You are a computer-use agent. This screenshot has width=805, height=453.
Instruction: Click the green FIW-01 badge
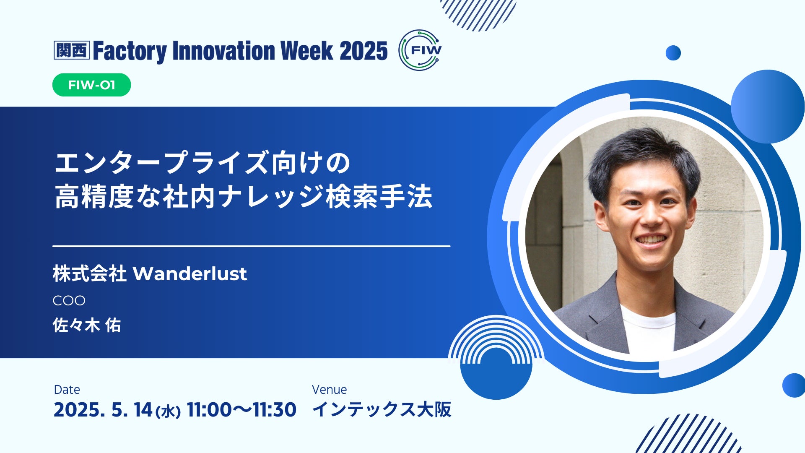tap(91, 85)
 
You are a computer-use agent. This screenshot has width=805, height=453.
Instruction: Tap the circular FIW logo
tap(420, 50)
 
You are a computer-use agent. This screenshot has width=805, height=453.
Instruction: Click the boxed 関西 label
tap(72, 50)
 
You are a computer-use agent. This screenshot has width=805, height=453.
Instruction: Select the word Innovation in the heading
tap(223, 51)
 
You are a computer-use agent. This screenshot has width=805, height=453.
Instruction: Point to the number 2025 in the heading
tap(364, 51)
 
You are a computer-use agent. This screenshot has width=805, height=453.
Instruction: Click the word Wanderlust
tap(190, 274)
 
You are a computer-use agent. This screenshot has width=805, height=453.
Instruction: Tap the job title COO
tap(69, 300)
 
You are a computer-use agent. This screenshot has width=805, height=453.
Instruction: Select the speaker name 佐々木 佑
tap(87, 325)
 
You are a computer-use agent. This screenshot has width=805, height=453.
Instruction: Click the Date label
tap(67, 390)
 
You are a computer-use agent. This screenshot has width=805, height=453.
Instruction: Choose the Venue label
tap(330, 390)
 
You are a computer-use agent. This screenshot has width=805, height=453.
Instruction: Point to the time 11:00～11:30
tap(241, 410)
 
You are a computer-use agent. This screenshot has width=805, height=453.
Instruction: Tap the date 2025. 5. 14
tap(103, 410)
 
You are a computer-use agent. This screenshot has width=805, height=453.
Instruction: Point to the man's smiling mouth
tap(651, 240)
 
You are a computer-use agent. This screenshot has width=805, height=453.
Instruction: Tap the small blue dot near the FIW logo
tap(673, 53)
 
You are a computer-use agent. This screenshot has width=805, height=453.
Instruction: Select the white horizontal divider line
tap(252, 246)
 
